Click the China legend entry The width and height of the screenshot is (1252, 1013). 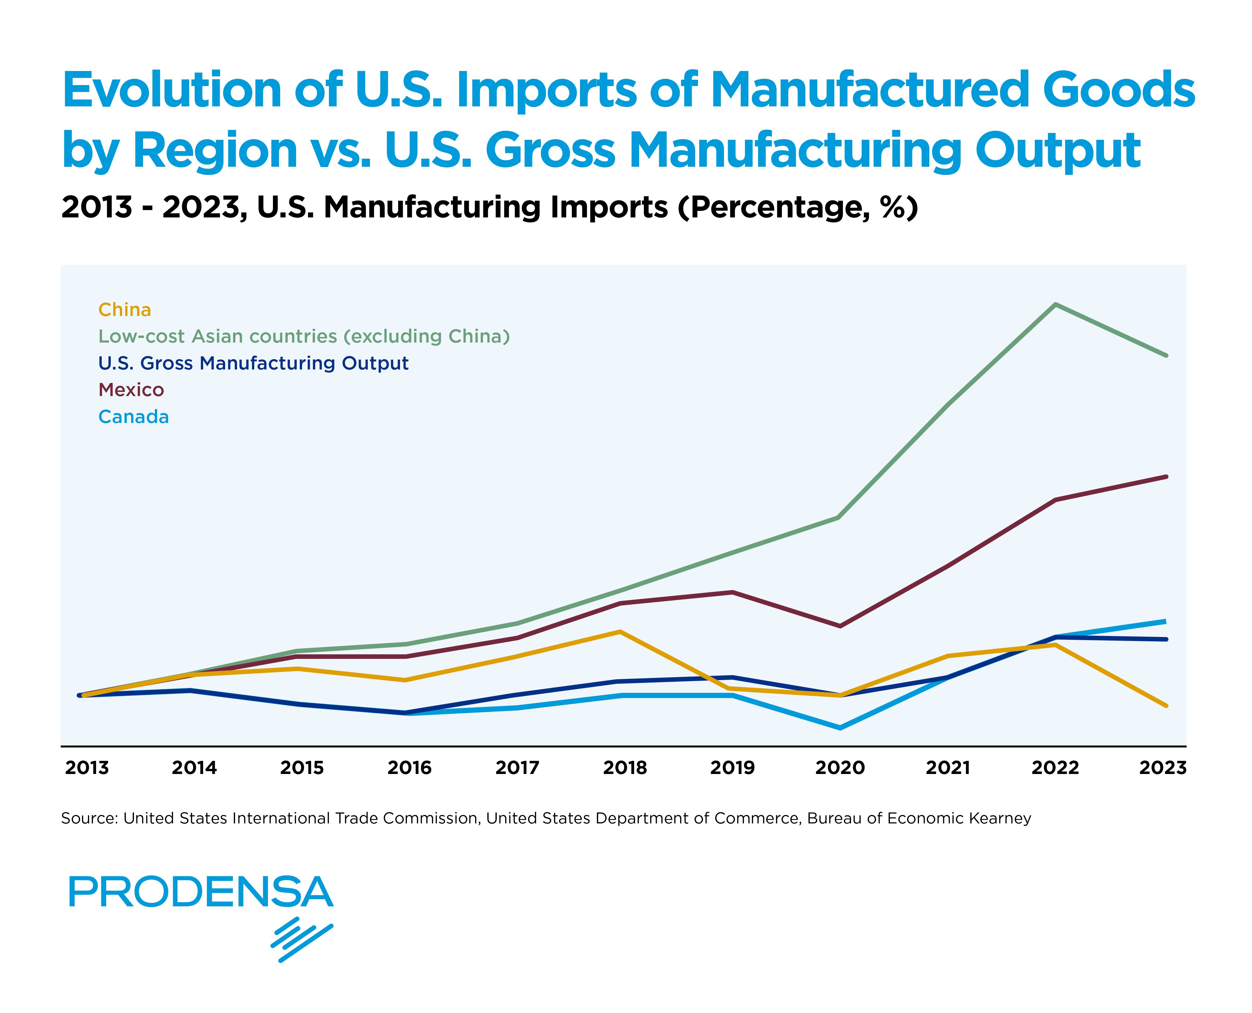[124, 309]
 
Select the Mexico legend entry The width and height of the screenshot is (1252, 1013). [131, 390]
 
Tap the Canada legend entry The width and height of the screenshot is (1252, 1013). [134, 417]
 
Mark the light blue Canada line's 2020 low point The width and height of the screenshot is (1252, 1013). [840, 728]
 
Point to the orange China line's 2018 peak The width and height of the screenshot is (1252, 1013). [620, 631]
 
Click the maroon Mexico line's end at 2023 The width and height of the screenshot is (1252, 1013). [1166, 477]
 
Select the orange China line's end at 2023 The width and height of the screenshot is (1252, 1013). [1166, 705]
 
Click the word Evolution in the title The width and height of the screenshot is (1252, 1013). [172, 90]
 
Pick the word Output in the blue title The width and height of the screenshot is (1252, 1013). [1058, 150]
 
